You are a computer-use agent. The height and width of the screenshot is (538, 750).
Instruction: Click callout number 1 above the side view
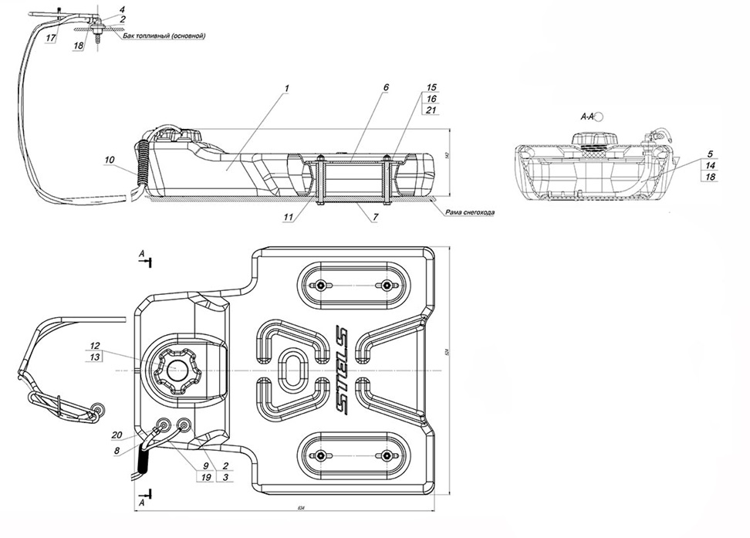[x=285, y=89]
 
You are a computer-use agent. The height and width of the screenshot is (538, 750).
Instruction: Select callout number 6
[x=386, y=89]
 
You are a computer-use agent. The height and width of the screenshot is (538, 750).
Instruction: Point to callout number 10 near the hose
[x=110, y=160]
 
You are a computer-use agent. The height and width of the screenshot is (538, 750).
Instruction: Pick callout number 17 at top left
[x=50, y=37]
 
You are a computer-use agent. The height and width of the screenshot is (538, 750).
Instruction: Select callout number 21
[x=431, y=111]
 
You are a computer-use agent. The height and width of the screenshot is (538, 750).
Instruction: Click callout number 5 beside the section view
[x=710, y=153]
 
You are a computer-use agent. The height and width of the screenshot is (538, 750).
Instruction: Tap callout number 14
[x=710, y=165]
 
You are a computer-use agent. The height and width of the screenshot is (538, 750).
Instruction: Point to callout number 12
[x=95, y=345]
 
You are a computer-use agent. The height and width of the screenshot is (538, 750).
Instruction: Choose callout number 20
[x=117, y=434]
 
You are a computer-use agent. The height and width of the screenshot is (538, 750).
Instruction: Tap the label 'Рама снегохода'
[x=469, y=212]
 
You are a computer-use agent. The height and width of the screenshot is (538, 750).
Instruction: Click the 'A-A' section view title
[x=587, y=117]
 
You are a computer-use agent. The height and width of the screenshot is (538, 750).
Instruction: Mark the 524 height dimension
[x=447, y=352]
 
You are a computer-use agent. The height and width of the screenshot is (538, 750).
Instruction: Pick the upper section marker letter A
[x=140, y=253]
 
